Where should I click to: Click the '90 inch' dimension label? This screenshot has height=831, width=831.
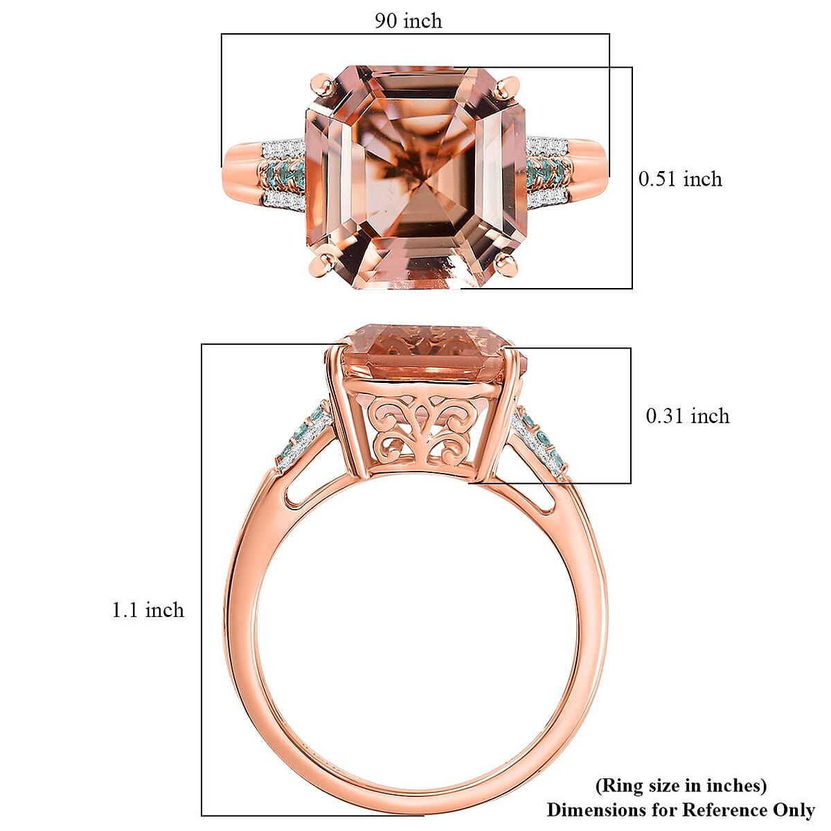408,21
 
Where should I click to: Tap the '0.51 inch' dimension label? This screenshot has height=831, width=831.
680,179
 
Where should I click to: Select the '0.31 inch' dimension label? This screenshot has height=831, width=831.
687,416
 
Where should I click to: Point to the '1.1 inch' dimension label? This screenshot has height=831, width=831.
148,610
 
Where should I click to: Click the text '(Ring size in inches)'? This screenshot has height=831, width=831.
681,785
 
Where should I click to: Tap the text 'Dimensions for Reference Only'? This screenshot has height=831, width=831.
681,810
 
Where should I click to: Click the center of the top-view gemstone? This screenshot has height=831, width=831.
415,177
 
